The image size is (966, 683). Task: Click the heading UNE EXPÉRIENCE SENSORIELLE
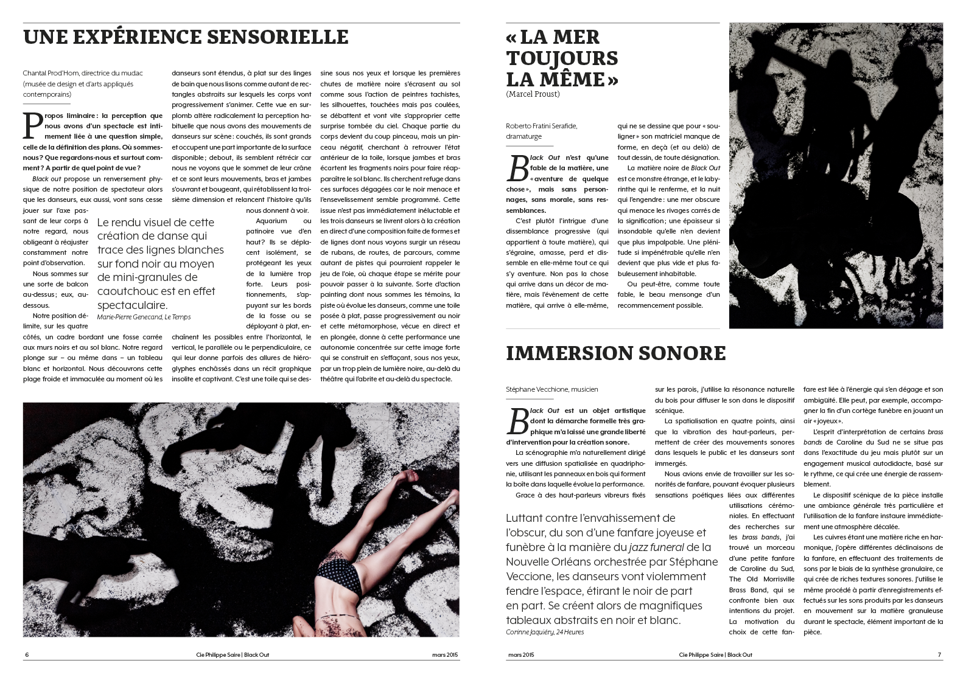click(185, 37)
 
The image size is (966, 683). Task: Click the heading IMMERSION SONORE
click(615, 353)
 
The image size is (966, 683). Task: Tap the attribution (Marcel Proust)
click(532, 94)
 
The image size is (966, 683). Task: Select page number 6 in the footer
click(27, 655)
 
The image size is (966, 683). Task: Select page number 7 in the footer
click(939, 655)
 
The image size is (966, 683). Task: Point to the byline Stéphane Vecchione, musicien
click(551, 389)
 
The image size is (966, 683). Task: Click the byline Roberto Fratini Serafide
click(541, 126)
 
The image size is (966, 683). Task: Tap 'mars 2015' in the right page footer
click(520, 655)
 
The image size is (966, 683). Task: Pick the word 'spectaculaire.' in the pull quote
click(132, 305)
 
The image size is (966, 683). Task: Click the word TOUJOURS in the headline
click(562, 58)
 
